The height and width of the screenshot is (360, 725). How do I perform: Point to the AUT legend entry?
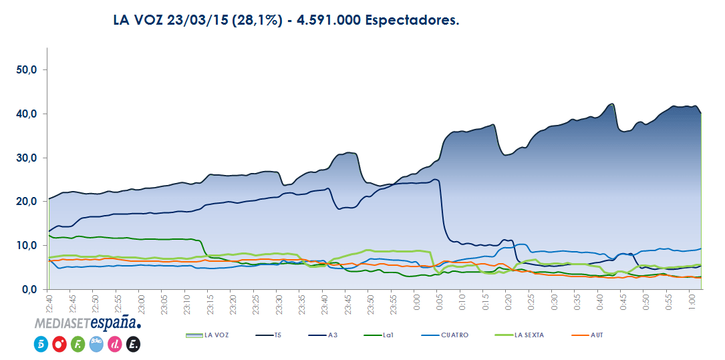pos(596,335)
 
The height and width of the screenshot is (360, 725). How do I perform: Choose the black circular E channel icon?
pos(132,344)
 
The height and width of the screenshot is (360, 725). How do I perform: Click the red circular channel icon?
pos(58,344)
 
